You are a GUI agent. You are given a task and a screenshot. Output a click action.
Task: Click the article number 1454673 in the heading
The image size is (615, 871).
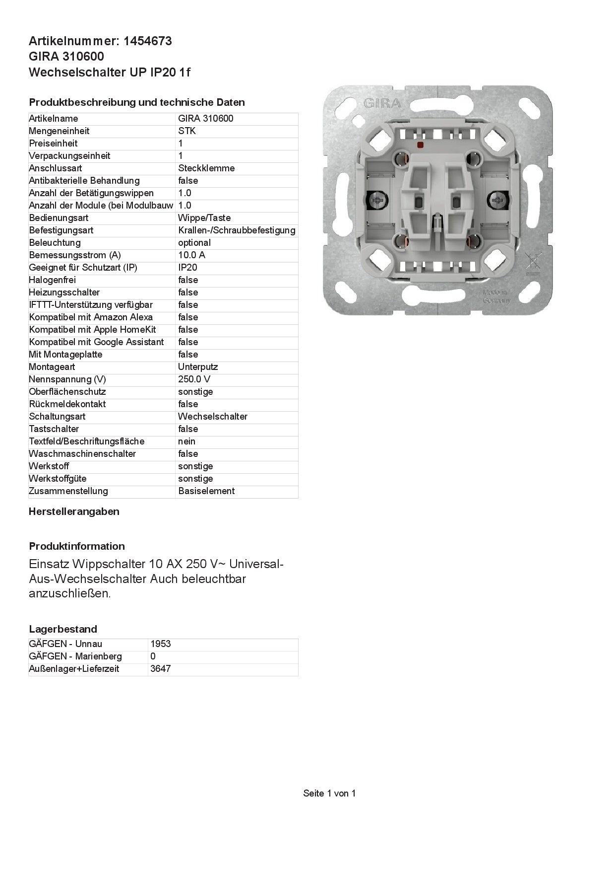[148, 41]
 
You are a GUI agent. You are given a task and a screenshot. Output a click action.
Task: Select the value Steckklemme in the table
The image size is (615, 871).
[206, 168]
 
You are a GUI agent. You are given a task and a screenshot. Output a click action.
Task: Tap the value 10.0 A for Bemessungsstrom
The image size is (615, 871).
[191, 255]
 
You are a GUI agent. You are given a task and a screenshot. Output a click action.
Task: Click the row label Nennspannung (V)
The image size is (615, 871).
[67, 379]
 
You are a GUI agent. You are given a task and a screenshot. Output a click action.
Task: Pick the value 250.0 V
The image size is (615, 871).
[194, 379]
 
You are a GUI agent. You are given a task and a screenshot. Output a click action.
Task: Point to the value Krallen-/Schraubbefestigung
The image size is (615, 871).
[237, 230]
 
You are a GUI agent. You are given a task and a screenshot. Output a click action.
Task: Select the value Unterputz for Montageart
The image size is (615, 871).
[198, 367]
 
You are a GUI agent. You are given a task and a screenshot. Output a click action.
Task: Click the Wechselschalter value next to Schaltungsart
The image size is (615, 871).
[213, 417]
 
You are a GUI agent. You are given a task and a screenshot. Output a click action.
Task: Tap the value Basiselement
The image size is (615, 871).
[206, 491]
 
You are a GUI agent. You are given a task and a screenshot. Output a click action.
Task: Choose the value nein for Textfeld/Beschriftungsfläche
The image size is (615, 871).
[186, 441]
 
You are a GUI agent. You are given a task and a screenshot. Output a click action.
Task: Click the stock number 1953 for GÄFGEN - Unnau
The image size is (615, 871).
[161, 644]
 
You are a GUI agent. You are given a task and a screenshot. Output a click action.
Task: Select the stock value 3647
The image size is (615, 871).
[161, 669]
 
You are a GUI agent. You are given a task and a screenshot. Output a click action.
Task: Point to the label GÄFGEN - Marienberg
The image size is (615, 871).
[75, 656]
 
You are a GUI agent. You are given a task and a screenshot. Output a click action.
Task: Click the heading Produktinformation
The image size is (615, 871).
[77, 546]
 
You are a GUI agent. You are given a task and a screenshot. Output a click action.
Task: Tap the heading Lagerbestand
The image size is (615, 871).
[63, 629]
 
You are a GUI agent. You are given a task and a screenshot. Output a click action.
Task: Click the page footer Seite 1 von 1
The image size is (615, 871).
[329, 794]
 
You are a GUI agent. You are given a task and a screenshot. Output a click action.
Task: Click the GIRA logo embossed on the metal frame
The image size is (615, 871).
[382, 104]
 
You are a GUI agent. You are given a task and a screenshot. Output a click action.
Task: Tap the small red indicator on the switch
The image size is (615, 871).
[421, 145]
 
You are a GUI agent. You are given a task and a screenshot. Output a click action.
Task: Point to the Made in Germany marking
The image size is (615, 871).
[496, 296]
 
